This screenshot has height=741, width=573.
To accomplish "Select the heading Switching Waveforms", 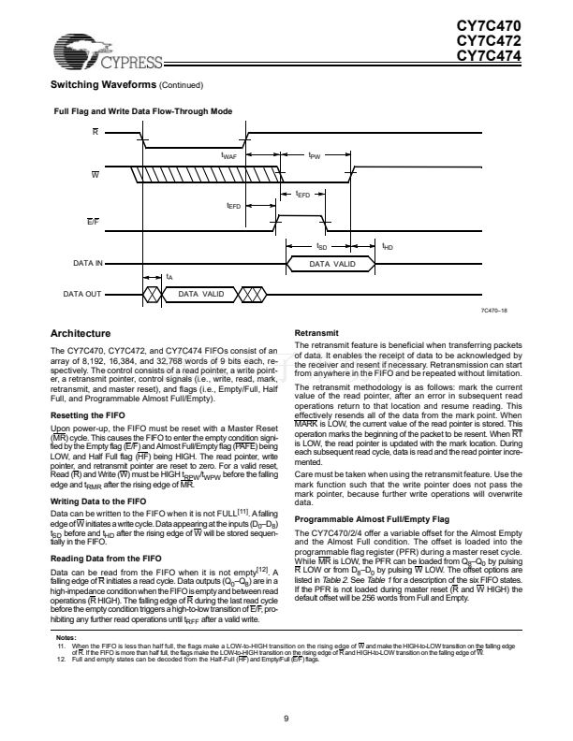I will coord(103,86).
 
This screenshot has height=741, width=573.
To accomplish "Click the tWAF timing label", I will coord(228,154).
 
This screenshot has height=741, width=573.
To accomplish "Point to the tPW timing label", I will coord(315,154).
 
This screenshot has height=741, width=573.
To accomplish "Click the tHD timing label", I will coord(388,247).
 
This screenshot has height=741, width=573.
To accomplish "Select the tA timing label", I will coord(169,278).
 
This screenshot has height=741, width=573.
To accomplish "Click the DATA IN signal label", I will coord(87,265).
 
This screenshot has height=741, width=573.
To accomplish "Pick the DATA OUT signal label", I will coord(83,294).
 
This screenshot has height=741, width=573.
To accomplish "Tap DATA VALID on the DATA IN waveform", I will coord(332,265).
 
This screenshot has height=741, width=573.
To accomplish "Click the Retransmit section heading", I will coord(319,333).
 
